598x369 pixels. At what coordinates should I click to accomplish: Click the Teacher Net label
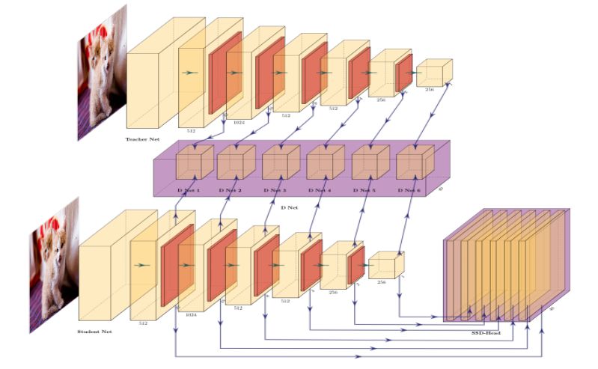point(142,139)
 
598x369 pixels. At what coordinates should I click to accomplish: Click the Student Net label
point(94,331)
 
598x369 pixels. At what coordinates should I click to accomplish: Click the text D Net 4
point(320,190)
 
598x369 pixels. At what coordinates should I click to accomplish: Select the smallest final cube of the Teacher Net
point(433,72)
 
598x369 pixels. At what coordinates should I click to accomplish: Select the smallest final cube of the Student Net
point(385,266)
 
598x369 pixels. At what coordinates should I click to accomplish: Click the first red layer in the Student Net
point(177,265)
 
